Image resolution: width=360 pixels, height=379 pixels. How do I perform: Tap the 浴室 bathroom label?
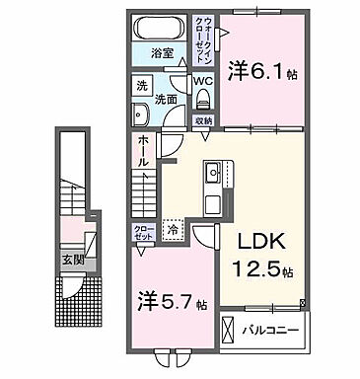(x=162, y=52)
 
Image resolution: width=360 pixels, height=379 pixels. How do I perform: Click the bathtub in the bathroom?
(x=163, y=27)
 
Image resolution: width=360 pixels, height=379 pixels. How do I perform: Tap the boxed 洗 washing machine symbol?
(x=142, y=85)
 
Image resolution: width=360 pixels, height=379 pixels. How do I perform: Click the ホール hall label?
(x=143, y=152)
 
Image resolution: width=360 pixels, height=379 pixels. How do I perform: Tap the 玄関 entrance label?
(x=73, y=261)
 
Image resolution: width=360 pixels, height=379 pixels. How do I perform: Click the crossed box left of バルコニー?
(x=229, y=328)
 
